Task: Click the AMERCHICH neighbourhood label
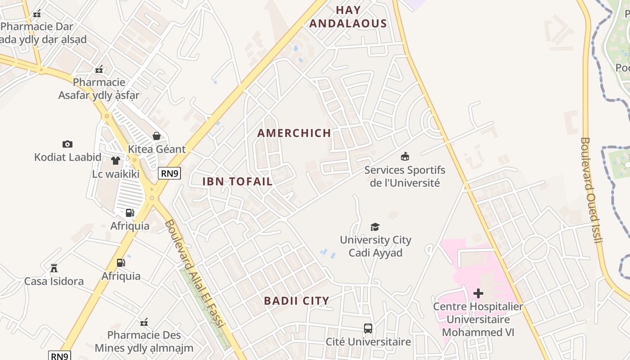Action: coord(294,133)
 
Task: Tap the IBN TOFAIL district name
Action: coord(238,182)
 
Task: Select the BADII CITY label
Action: coord(297,301)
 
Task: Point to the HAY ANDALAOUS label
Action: coord(348,17)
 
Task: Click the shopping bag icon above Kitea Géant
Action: coord(157,136)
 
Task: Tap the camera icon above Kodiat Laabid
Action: coord(67,144)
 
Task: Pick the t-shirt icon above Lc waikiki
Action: coord(116,161)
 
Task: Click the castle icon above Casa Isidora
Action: coord(54,268)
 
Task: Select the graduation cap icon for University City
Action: coord(375,227)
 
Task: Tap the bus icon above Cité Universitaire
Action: coord(368,328)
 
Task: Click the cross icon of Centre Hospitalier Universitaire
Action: coord(478,294)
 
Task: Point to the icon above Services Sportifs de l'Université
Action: coord(405,157)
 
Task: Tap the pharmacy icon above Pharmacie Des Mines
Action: coord(144,322)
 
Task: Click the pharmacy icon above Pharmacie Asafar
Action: coord(99,69)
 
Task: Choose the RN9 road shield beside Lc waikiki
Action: coord(170,173)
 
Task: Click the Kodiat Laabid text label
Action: coord(67,157)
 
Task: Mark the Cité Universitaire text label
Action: coord(368,342)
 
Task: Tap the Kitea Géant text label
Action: coord(157,149)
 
